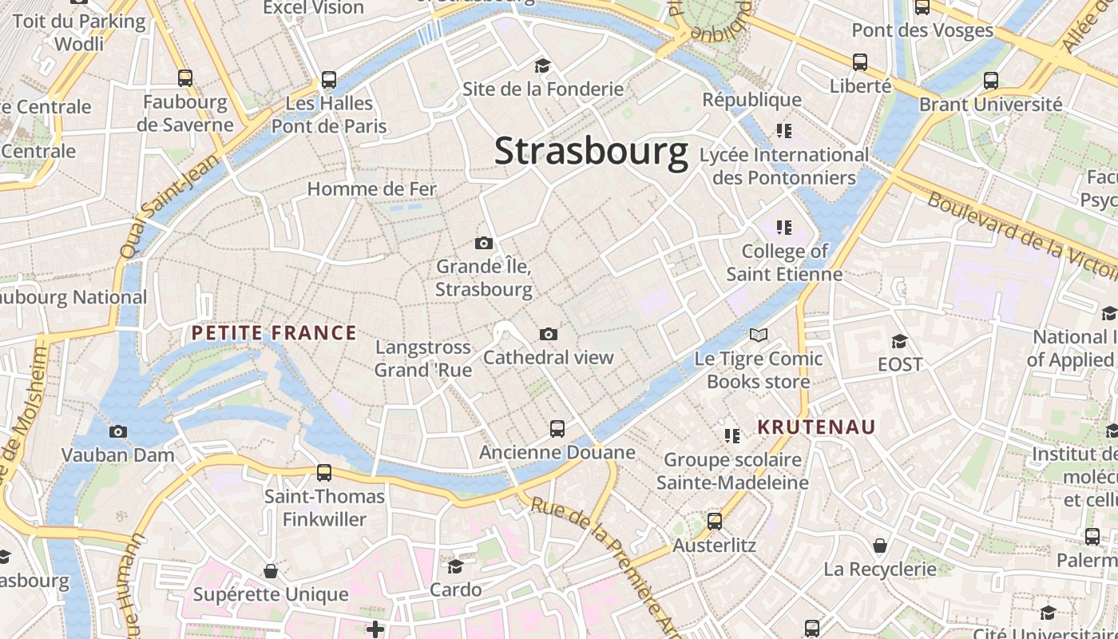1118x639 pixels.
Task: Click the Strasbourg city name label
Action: coord(591,152)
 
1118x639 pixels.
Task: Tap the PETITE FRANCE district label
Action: coord(274,333)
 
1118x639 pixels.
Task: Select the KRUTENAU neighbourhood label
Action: coord(816,427)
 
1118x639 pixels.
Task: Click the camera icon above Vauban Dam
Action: coord(118,432)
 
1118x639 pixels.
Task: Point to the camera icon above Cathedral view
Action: coord(548,334)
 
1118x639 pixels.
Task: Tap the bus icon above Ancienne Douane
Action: coord(557,429)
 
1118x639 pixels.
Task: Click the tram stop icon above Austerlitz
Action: coord(715,522)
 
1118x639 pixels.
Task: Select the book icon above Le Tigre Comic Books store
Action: coord(758,335)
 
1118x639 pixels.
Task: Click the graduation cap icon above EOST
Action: coord(900,341)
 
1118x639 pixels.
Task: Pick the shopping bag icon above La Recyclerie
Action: coord(879,546)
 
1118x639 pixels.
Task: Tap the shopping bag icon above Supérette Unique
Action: coord(271,571)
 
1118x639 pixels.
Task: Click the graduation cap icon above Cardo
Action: coord(455,566)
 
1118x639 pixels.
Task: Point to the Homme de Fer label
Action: coord(372,189)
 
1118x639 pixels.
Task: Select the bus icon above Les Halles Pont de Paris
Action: coord(329,80)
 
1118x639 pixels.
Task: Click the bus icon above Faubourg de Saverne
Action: coord(185,78)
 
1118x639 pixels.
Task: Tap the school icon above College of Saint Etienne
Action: coord(783,228)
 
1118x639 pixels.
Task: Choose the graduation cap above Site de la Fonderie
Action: coord(543,65)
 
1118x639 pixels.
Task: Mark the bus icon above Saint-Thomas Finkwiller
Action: coord(324,472)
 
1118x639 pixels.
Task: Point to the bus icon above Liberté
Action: coord(860,62)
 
